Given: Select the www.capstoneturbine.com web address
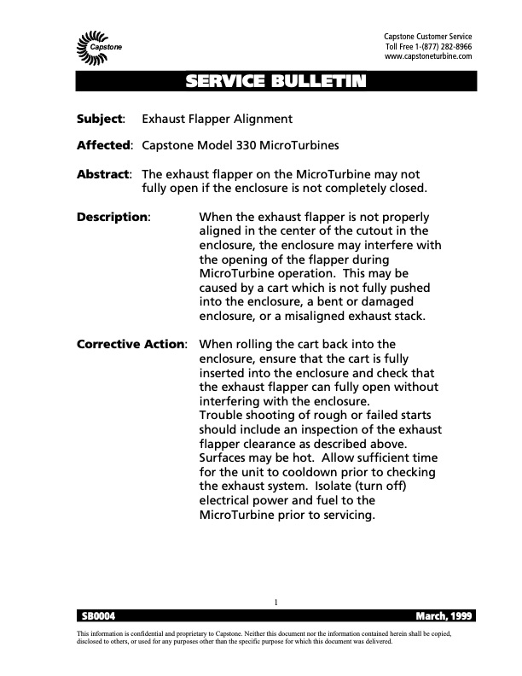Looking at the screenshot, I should click(x=428, y=57).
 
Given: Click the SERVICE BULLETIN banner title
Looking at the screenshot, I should click(x=275, y=82).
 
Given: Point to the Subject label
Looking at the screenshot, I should click(x=101, y=119).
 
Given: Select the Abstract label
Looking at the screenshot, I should click(x=103, y=173).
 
